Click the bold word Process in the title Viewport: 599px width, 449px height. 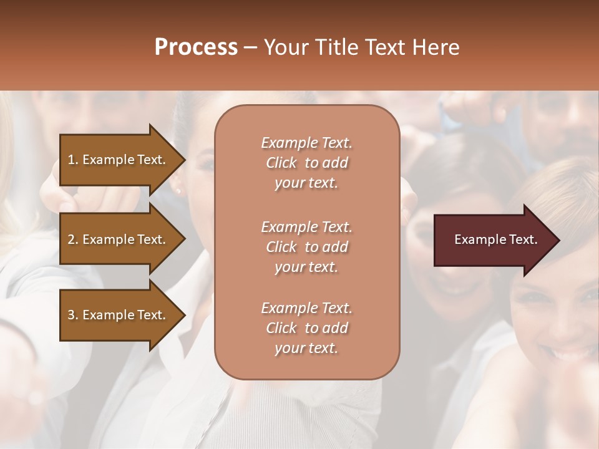(x=196, y=47)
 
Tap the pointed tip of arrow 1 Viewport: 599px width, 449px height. (x=184, y=160)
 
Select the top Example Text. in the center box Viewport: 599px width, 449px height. (x=306, y=143)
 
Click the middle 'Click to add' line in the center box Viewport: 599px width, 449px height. (x=306, y=247)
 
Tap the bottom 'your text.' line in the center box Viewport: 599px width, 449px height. (x=306, y=349)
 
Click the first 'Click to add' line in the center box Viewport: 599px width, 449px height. (x=306, y=163)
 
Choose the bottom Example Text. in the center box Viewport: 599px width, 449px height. (x=306, y=308)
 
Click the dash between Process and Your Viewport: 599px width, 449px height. (x=250, y=47)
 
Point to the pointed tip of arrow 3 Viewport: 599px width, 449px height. (x=184, y=315)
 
